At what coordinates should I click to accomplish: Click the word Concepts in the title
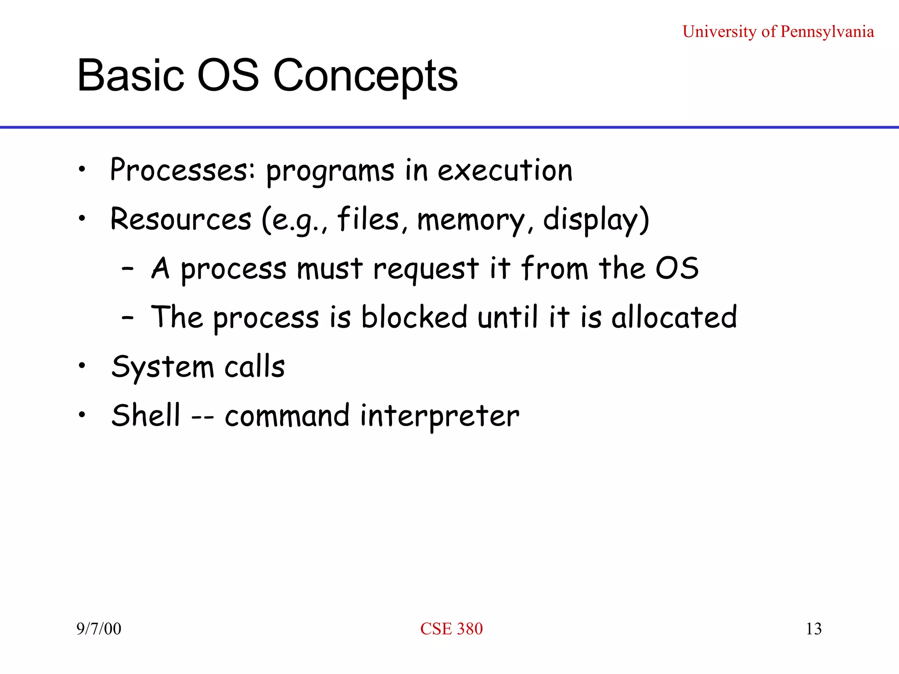tap(365, 77)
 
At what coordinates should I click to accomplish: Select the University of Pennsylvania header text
tap(778, 32)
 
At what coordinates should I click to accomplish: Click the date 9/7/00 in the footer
tap(99, 628)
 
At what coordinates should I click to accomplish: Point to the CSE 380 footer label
tap(451, 628)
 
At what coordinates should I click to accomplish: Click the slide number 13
tap(813, 628)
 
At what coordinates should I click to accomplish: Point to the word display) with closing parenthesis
tap(596, 219)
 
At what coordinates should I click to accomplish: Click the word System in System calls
tap(162, 367)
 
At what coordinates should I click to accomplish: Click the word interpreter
tap(439, 416)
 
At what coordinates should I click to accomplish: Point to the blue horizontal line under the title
tap(449, 127)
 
